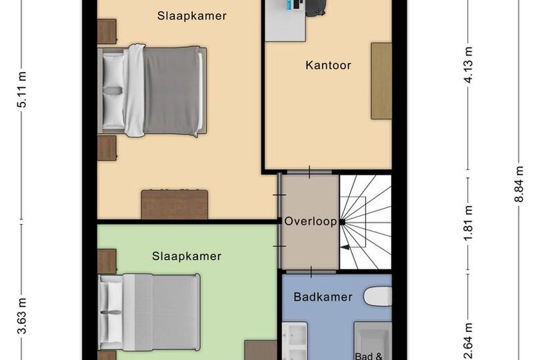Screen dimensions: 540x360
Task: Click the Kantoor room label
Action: click(328, 65)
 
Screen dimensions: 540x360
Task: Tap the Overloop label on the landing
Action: click(310, 221)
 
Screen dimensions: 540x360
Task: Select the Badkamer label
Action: click(323, 297)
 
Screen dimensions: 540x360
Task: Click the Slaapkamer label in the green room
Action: click(186, 256)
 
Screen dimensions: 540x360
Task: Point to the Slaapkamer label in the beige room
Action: click(192, 16)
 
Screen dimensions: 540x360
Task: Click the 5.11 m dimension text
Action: click(22, 89)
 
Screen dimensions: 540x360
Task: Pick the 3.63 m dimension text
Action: click(22, 316)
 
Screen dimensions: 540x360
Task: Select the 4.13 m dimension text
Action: click(468, 65)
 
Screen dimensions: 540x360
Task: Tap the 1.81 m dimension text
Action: click(468, 224)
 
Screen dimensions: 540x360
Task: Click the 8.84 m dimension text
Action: click(519, 184)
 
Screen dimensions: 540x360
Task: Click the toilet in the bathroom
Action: click(377, 296)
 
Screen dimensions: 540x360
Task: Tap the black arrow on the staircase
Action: click(345, 247)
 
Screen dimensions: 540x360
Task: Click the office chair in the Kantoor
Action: click(315, 8)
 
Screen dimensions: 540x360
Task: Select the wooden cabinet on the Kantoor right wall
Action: click(381, 81)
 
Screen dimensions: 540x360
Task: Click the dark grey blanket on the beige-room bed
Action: click(171, 91)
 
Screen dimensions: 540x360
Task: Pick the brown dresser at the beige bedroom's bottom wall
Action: click(175, 204)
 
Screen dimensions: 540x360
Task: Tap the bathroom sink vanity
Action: click(294, 341)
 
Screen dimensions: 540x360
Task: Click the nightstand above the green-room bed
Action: click(107, 261)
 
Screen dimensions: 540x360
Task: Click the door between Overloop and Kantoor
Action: click(310, 172)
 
